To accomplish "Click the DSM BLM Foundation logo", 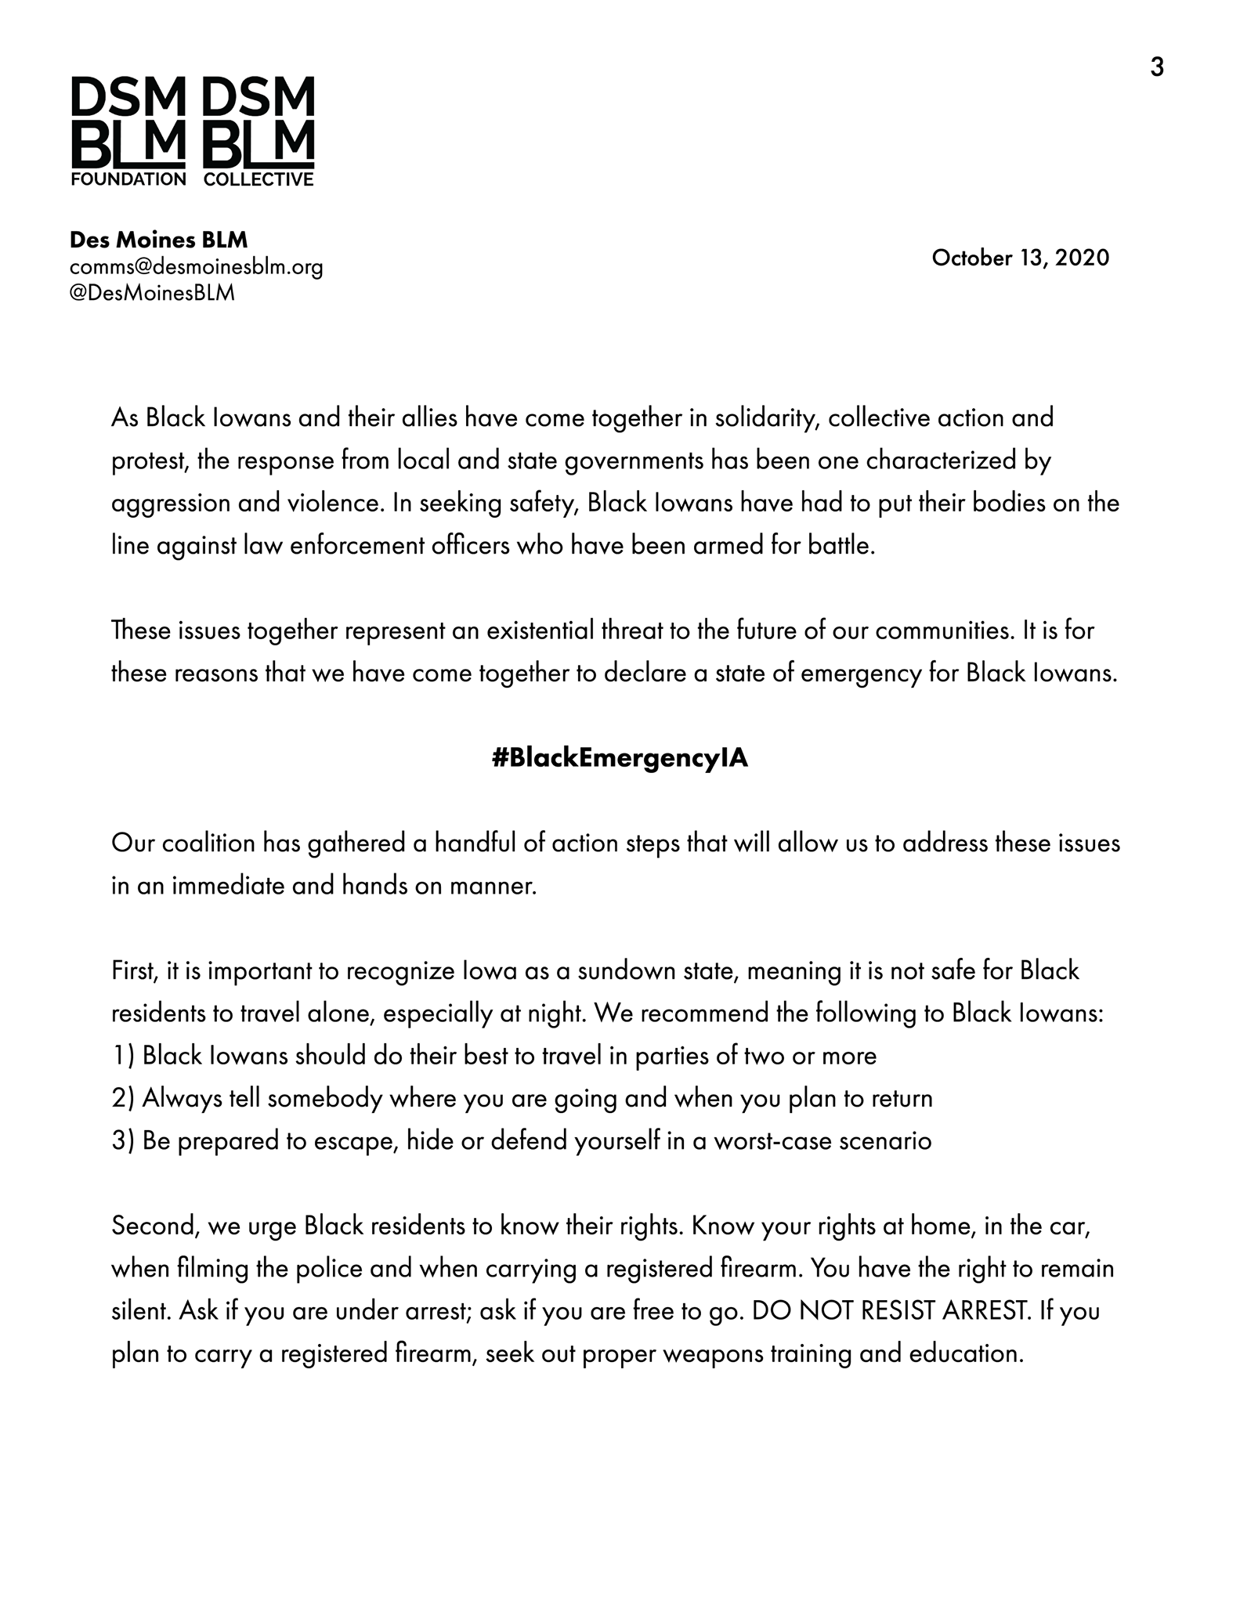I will coord(128,132).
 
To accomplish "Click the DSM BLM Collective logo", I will coord(258,132).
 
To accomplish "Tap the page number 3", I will coord(1156,68).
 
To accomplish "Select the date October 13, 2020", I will coord(1020,258).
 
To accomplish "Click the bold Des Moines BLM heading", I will coord(158,240).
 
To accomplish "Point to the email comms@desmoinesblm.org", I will coord(196,267).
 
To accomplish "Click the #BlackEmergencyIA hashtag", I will coord(620,758).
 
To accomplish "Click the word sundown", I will coord(627,971).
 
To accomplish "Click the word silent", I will coord(139,1311).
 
